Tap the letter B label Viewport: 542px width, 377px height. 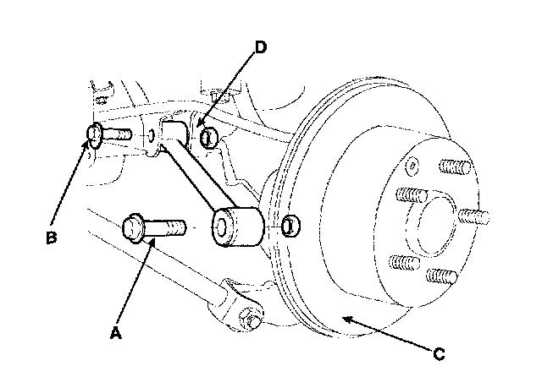point(52,238)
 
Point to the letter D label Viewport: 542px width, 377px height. point(260,47)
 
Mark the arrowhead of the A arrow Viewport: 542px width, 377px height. point(153,242)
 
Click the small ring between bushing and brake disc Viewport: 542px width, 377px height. point(290,226)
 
